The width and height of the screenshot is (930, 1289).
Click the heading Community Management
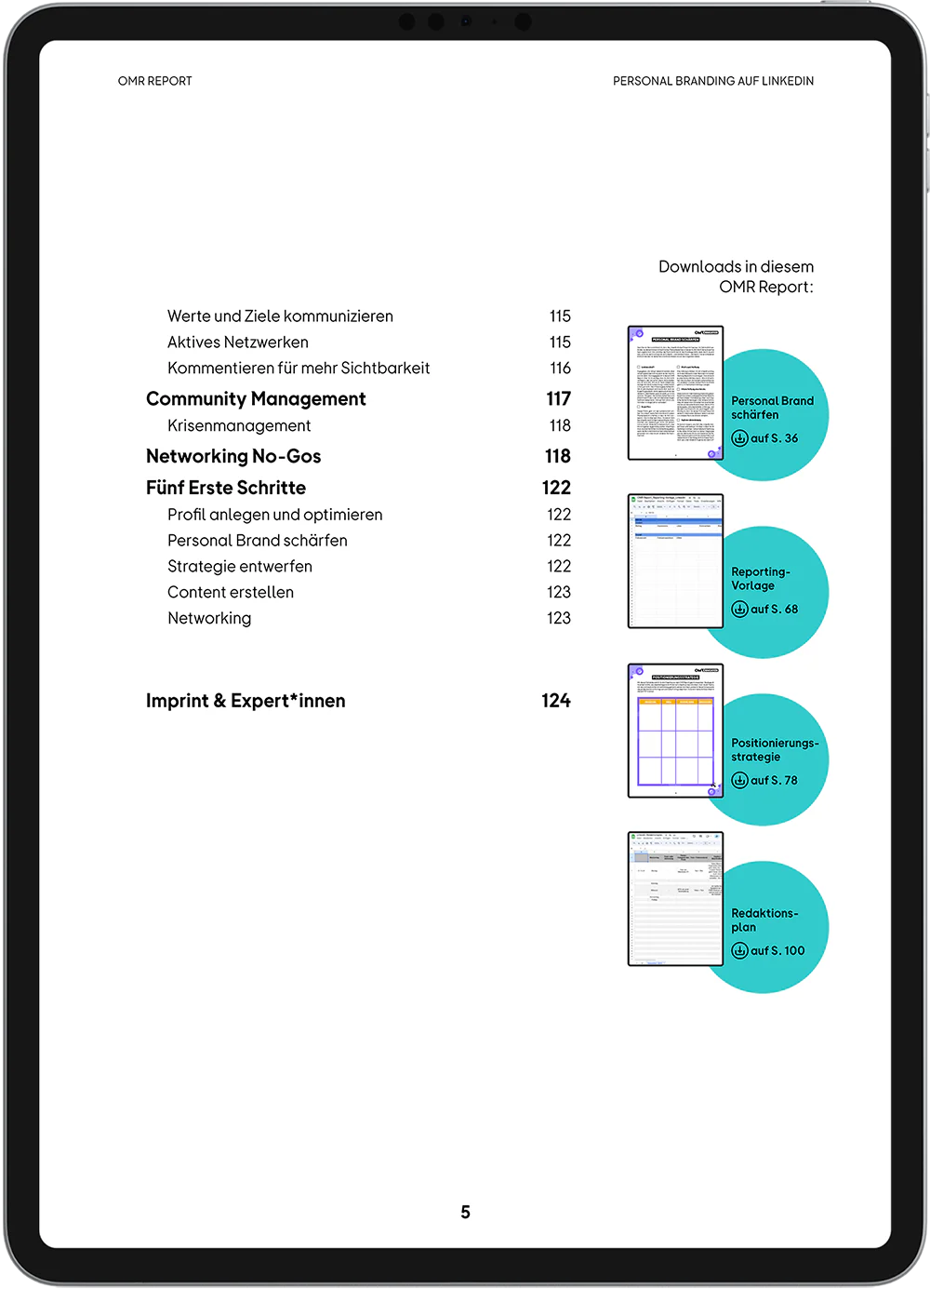(256, 399)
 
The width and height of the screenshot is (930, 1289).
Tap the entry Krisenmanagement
(239, 426)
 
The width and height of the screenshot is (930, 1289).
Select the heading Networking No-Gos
(233, 457)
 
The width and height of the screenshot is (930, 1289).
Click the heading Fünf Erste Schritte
(226, 489)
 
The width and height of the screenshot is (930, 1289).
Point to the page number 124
(556, 702)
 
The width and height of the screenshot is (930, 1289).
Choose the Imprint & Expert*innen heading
(246, 702)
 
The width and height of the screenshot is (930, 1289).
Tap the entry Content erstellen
(231, 593)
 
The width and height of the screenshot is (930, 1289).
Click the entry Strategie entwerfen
(240, 567)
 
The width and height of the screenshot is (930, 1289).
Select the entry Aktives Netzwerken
(238, 342)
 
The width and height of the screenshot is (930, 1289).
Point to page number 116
(560, 369)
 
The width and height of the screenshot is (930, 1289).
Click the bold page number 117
(558, 399)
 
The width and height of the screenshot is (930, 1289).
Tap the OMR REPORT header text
(155, 82)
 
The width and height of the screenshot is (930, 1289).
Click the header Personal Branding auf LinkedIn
(713, 82)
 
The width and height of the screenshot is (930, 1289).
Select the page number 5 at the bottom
(465, 1213)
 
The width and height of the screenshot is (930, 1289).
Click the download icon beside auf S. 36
(740, 438)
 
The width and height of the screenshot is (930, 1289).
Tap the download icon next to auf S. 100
(740, 951)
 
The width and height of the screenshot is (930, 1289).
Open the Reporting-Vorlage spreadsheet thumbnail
(675, 561)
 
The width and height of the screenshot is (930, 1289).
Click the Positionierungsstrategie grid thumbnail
(675, 732)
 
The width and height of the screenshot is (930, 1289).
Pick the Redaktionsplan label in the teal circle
(764, 920)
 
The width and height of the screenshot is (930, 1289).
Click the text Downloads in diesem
(736, 267)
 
